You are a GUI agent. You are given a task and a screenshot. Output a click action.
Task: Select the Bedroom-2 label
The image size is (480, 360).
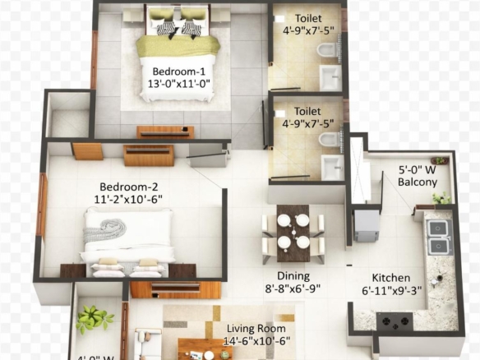coord(127,186)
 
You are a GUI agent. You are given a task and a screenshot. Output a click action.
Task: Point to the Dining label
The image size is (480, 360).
coord(293,276)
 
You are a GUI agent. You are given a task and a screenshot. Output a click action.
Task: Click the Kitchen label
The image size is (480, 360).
coord(390,278)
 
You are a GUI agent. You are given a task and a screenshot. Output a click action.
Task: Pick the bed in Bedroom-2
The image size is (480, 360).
coord(127,238)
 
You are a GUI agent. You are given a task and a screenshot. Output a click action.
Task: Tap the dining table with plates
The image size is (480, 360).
coord(293,231)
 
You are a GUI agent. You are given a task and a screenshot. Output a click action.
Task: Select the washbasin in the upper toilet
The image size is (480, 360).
coord(332,79)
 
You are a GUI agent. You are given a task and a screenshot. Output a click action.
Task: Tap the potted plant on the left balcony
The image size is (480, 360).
coord(95,318)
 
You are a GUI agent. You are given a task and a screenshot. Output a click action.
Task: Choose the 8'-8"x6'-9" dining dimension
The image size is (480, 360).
coord(293,289)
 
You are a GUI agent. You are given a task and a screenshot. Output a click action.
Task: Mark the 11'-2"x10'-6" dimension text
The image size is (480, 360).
coord(127,199)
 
